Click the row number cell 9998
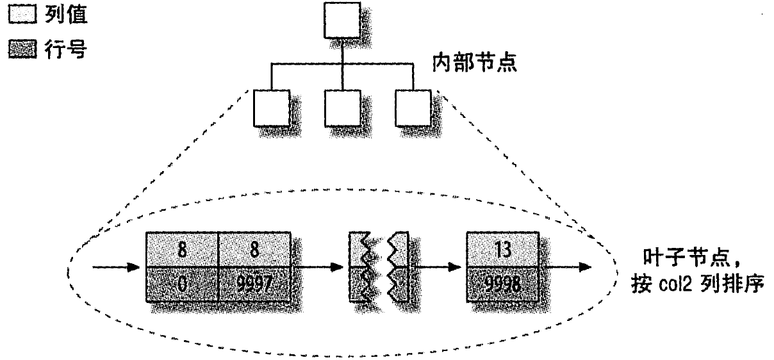502,283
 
